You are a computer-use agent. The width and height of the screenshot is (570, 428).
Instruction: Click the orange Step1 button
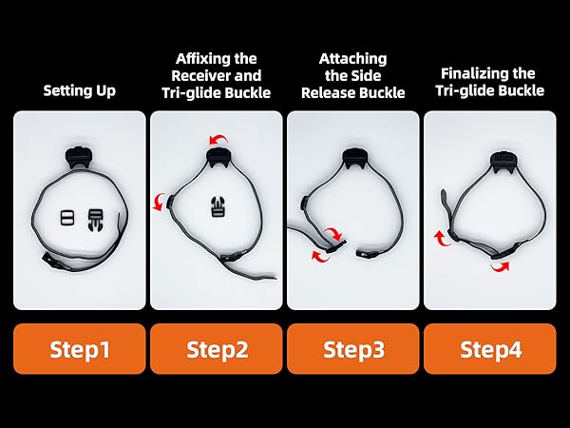(x=80, y=349)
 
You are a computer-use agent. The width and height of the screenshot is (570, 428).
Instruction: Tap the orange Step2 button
(x=217, y=349)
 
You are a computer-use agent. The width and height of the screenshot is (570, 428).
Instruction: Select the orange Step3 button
(x=353, y=349)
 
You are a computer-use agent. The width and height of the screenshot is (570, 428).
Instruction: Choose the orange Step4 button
(x=490, y=349)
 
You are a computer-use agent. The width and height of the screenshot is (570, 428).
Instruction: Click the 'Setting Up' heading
(x=80, y=90)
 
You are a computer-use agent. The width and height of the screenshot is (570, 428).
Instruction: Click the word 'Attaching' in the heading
(x=353, y=59)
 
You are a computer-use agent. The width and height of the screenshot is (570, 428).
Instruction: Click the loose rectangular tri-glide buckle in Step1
(x=67, y=218)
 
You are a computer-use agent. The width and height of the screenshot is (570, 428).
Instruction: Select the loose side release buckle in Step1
(x=96, y=221)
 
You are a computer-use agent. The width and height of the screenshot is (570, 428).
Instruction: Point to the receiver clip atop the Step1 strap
(x=78, y=157)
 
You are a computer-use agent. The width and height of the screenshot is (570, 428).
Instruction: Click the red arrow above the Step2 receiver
(x=219, y=140)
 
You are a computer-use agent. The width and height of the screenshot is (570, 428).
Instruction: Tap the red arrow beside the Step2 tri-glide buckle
(x=159, y=202)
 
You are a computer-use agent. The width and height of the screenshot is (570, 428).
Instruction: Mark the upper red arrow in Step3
(x=333, y=233)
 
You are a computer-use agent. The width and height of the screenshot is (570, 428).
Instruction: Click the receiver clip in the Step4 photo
(x=503, y=162)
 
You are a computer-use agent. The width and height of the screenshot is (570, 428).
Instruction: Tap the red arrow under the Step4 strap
(x=501, y=266)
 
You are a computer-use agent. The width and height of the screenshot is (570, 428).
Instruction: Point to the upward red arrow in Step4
(x=443, y=238)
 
